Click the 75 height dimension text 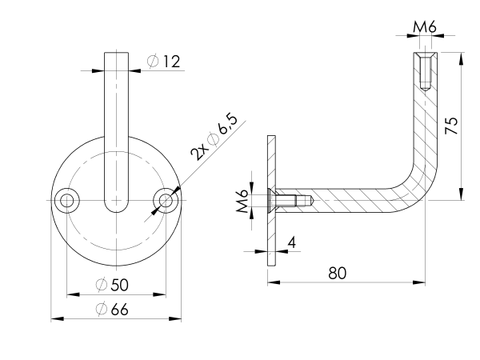(x=450, y=126)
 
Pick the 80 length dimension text (x=338, y=272)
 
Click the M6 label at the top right (x=424, y=28)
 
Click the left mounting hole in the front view (x=66, y=200)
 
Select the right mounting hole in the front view (x=166, y=200)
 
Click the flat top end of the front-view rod (x=116, y=54)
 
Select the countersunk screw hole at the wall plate (x=286, y=200)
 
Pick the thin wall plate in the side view (x=272, y=200)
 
